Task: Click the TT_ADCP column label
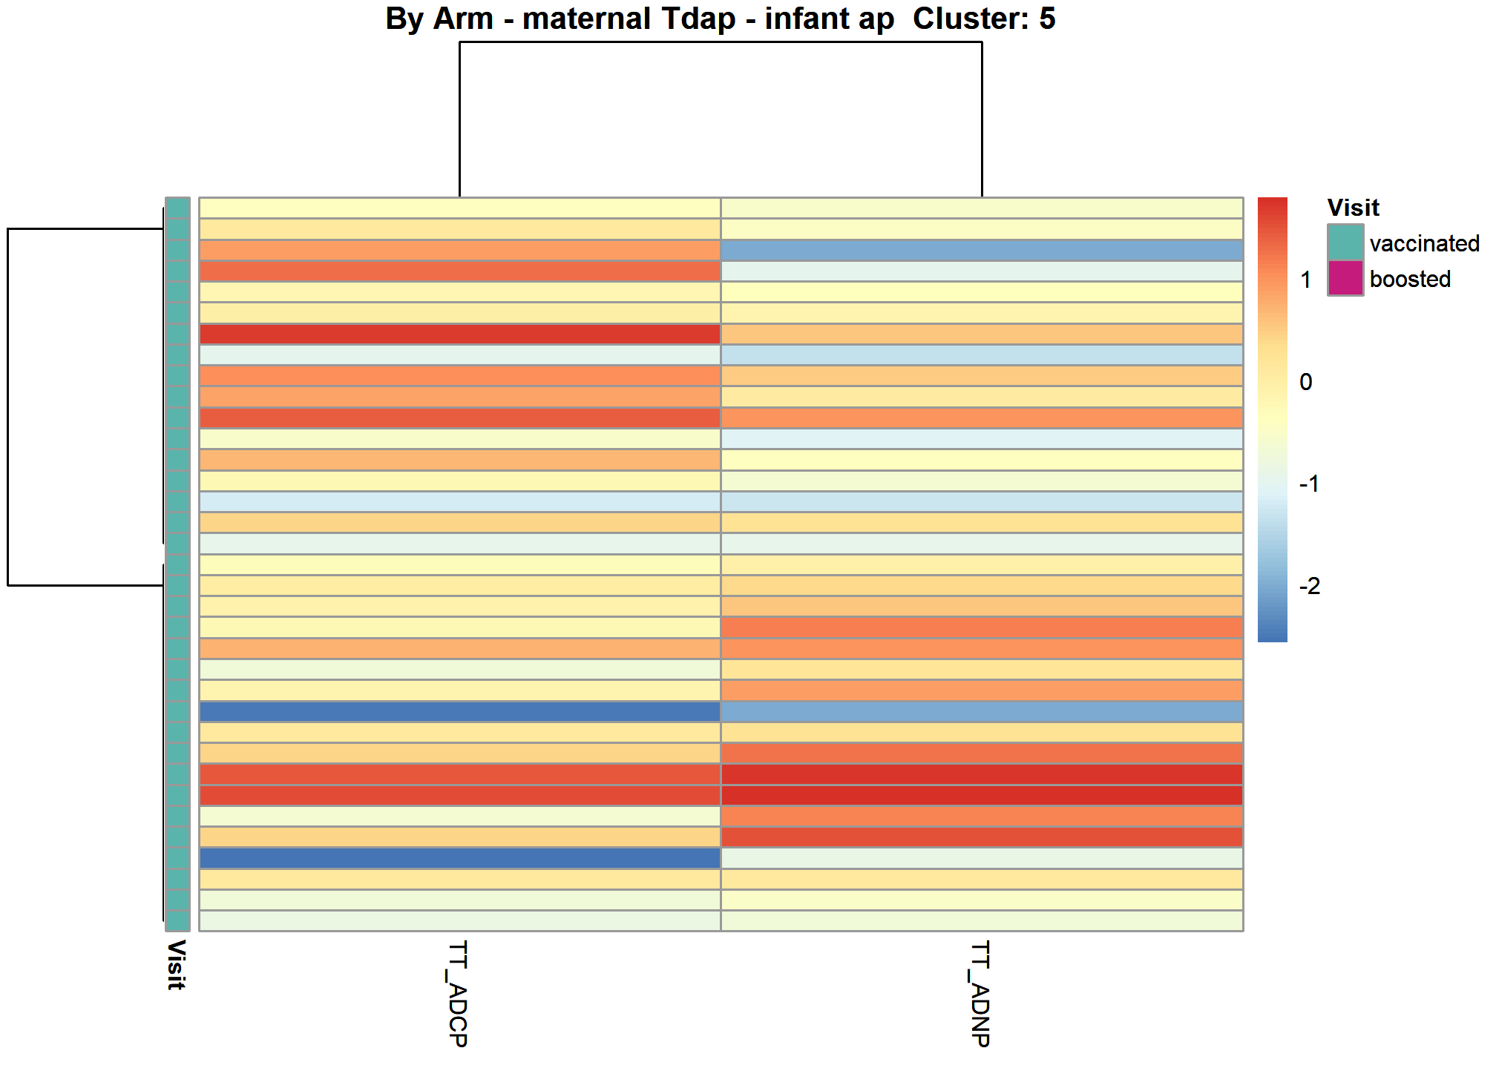459,994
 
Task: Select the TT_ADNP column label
981,994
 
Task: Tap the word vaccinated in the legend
1425,243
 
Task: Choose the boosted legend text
1410,279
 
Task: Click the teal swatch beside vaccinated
1345,243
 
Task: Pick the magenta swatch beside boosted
1345,278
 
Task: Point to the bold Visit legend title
1353,208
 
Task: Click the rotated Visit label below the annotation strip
176,965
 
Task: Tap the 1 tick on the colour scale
1305,280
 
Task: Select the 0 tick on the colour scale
1306,382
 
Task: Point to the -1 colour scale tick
1310,484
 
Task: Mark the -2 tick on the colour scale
1310,586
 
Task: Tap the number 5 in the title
1047,19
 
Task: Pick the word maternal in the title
586,19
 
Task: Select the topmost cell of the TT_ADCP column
460,208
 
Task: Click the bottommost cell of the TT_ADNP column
982,920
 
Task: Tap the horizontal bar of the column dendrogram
721,42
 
